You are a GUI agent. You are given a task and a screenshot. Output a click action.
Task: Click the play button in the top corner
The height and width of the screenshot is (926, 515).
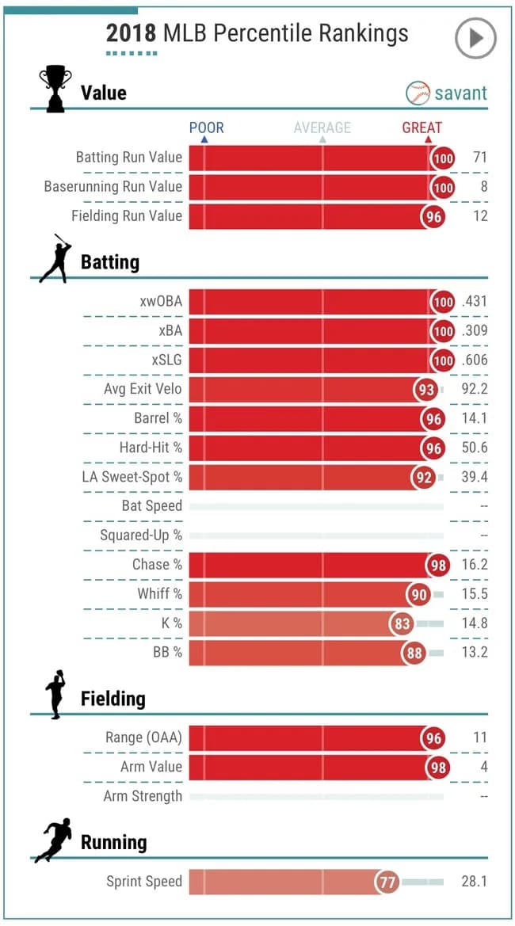coord(475,38)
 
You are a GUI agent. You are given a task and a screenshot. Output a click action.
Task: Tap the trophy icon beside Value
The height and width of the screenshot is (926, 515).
coord(55,88)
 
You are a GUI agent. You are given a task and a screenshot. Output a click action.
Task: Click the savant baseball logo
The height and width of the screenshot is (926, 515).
coord(418,93)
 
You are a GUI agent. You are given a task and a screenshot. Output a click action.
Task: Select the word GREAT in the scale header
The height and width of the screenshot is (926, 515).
coord(422,128)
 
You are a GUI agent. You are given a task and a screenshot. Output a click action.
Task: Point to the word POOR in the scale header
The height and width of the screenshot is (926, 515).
coord(206,128)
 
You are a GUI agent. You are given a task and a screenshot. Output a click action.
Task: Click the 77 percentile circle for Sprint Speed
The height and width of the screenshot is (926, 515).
coord(387,881)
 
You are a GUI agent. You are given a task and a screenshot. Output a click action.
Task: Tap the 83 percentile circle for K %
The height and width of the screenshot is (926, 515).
coord(402,623)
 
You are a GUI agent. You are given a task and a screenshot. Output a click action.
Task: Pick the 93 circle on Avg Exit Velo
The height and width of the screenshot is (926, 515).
coord(426,389)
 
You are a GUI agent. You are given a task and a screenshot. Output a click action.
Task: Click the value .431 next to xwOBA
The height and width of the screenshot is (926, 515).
coord(474,302)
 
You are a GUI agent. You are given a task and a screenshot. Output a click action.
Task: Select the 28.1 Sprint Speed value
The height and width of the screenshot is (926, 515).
coord(474,881)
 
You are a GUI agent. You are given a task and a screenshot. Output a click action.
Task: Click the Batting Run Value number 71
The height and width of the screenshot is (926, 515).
coord(479,157)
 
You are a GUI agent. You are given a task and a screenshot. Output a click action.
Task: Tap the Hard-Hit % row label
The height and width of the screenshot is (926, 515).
coord(151,448)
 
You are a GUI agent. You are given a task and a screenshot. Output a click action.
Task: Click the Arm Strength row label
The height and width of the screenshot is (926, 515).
coord(143,796)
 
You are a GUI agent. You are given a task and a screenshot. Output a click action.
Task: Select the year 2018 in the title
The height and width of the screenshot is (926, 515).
coord(132,33)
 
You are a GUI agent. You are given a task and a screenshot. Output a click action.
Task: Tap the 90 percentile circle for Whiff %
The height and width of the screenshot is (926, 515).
coord(418,594)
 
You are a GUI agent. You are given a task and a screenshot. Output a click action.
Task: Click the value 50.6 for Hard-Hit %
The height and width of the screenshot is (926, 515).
coord(474,448)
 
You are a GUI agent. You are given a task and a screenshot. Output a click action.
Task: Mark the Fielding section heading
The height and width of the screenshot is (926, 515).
coord(113,699)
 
